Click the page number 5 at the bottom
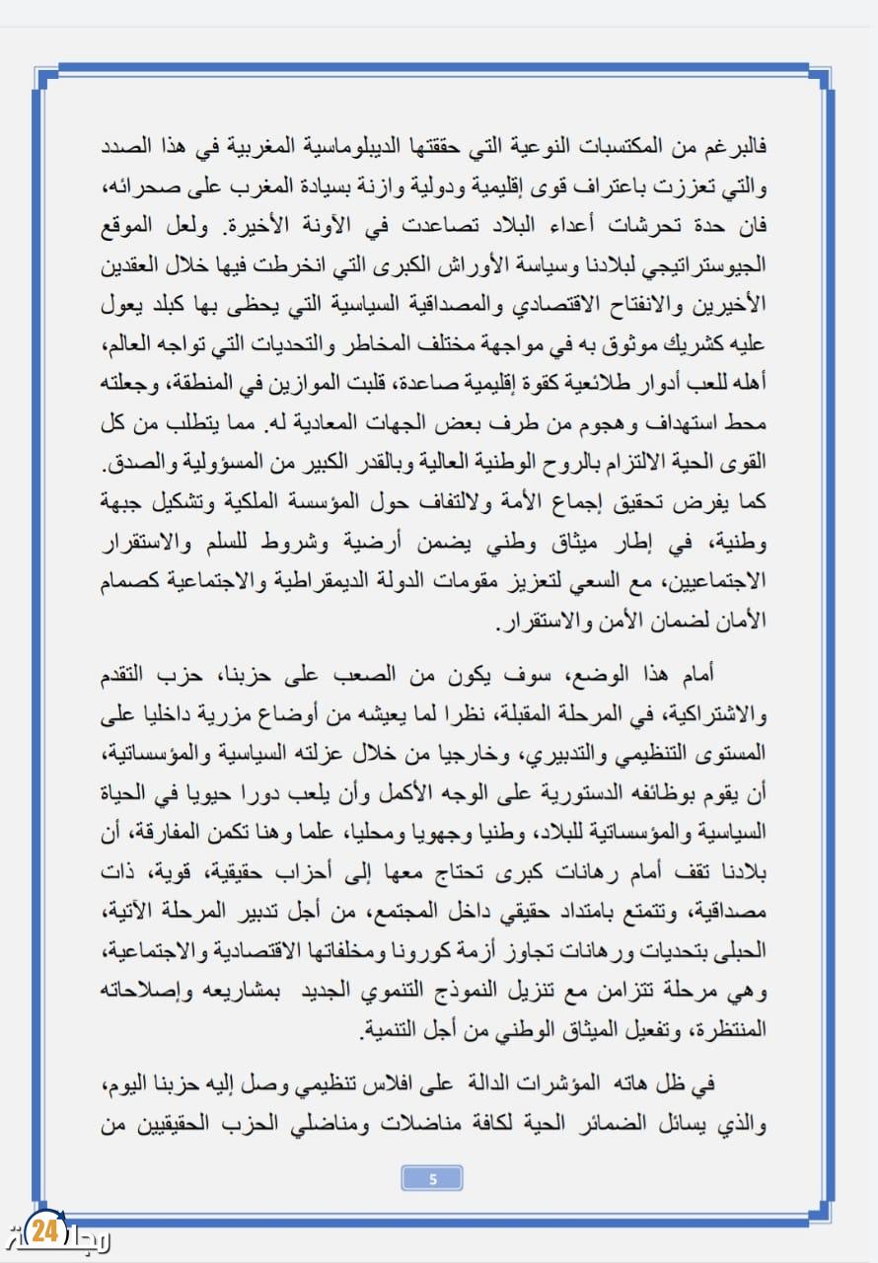pyautogui.click(x=433, y=1177)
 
